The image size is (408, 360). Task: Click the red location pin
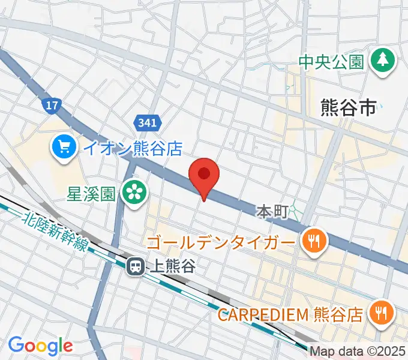click(x=204, y=175)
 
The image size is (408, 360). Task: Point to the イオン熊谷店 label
click(x=132, y=148)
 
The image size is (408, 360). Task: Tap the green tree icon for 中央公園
click(x=380, y=61)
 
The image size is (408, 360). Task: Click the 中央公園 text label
click(x=332, y=62)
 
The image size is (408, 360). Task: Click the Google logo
click(x=40, y=346)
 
